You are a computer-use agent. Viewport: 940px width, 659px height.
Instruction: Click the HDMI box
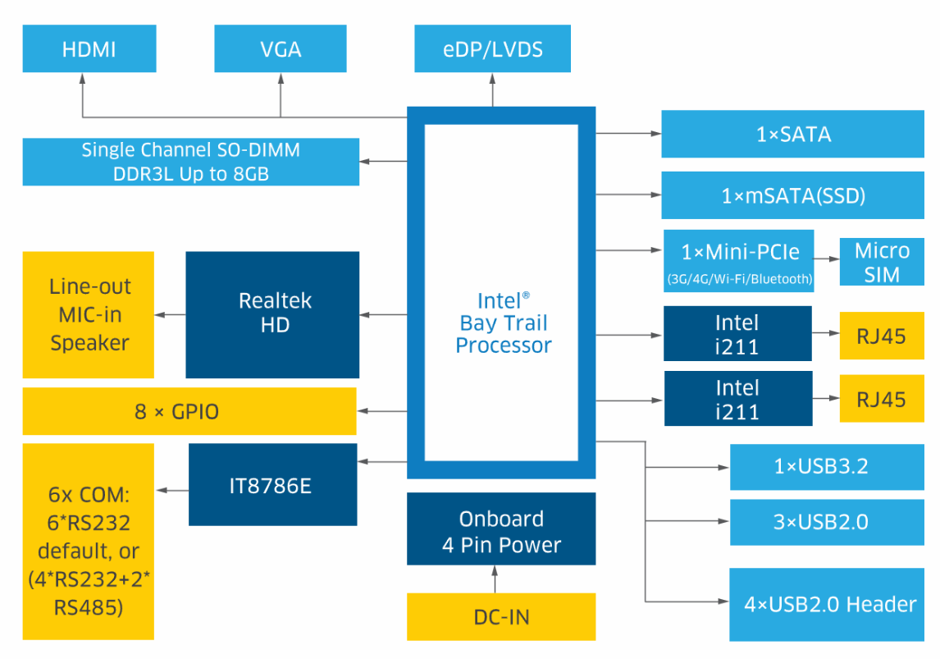[x=89, y=48]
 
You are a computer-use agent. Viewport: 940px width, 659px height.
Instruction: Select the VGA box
[x=281, y=48]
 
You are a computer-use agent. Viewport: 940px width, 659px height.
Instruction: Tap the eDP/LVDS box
[x=493, y=48]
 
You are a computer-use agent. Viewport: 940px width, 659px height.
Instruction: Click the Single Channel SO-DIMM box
[x=190, y=162]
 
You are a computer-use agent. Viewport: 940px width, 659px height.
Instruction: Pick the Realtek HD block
[x=272, y=313]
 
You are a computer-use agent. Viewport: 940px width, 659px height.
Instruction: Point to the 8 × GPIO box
[x=189, y=411]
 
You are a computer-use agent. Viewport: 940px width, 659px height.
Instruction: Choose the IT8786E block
[x=272, y=485]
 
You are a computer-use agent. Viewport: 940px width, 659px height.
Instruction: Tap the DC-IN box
[x=501, y=616]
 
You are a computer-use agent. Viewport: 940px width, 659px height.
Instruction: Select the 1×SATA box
[x=792, y=134]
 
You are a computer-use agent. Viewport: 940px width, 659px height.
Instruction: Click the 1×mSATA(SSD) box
[x=792, y=196]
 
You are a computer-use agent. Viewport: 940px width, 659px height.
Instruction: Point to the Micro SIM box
[x=882, y=263]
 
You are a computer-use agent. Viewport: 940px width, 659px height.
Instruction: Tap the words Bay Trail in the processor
[x=504, y=323]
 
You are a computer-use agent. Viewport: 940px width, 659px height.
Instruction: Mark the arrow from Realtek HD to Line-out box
[x=171, y=314]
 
